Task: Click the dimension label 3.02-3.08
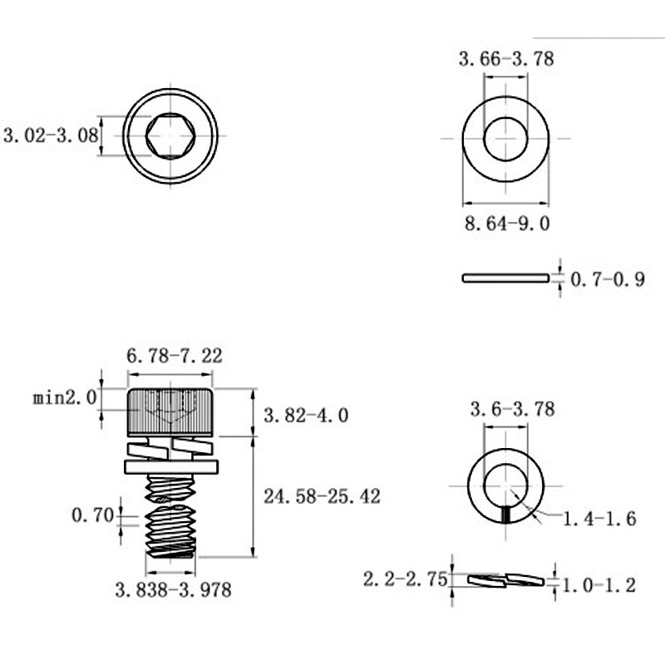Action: pyautogui.click(x=51, y=135)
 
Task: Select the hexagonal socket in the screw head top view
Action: pyautogui.click(x=170, y=135)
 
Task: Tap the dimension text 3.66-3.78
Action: pyautogui.click(x=506, y=58)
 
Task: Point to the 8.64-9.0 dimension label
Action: pyautogui.click(x=507, y=224)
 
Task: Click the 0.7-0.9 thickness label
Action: pyautogui.click(x=608, y=279)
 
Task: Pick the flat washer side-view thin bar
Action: pyautogui.click(x=505, y=278)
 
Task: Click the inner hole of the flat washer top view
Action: pyautogui.click(x=505, y=139)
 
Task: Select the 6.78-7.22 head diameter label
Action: pyautogui.click(x=175, y=356)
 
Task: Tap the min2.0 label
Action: pyautogui.click(x=65, y=398)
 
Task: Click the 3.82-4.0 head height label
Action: pyautogui.click(x=306, y=415)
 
